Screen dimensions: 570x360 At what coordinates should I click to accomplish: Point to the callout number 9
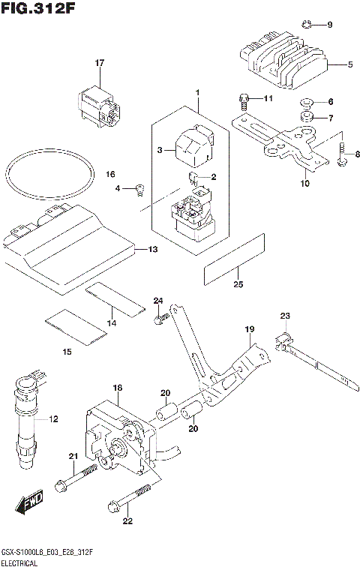[x=329, y=25]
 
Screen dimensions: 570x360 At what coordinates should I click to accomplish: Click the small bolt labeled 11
[x=244, y=98]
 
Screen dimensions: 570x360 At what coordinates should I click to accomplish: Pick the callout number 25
[x=238, y=284]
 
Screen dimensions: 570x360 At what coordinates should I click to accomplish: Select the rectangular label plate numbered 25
[x=234, y=259]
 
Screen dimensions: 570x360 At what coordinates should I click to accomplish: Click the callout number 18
[x=117, y=388]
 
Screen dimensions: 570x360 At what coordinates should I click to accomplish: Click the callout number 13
[x=153, y=249]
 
